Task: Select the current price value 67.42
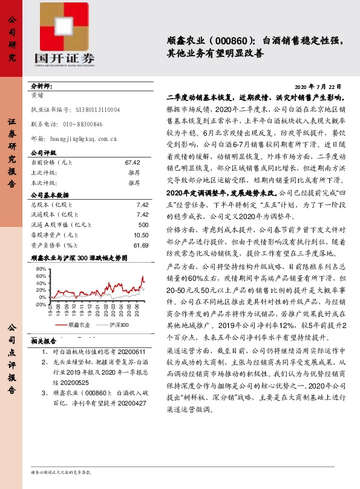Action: pos(133,163)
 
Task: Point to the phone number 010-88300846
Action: pos(83,124)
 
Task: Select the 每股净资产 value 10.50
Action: pos(141,235)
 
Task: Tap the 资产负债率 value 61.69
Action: pos(141,245)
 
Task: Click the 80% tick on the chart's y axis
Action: pos(41,268)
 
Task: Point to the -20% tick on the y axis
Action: pos(40,304)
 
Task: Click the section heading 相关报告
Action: pos(43,341)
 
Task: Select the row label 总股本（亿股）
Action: pos(51,205)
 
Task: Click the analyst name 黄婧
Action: pos(37,95)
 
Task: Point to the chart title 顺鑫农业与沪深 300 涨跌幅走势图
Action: pos(79,258)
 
